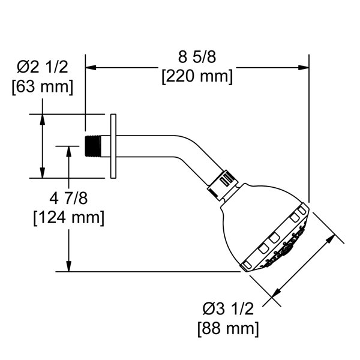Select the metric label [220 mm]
point(197,77)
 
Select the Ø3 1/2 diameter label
point(228,310)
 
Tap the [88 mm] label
point(228,328)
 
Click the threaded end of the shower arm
point(91,145)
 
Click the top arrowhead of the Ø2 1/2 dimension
point(42,118)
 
